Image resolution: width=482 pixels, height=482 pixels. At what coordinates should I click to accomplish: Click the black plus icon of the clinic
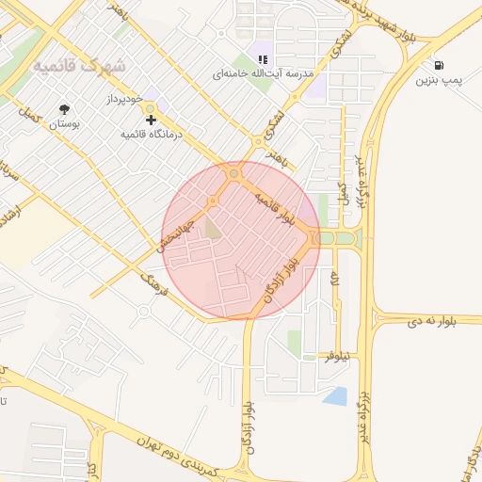tap(150, 119)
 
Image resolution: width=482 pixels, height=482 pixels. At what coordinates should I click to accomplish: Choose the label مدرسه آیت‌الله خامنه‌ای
tap(275, 72)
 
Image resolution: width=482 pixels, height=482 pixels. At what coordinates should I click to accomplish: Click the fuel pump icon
tap(440, 65)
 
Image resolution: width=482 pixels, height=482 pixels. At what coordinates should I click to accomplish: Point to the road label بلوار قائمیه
tap(280, 201)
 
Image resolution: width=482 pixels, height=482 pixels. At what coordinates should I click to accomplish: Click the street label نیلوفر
tap(336, 357)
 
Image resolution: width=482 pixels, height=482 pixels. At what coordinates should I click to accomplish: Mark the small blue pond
tap(336, 396)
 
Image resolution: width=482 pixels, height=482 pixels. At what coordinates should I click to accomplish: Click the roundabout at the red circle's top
tap(235, 173)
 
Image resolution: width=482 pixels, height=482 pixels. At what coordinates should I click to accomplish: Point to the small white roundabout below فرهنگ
tap(144, 311)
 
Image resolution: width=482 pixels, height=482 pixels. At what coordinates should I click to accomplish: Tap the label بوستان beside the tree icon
tap(64, 123)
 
